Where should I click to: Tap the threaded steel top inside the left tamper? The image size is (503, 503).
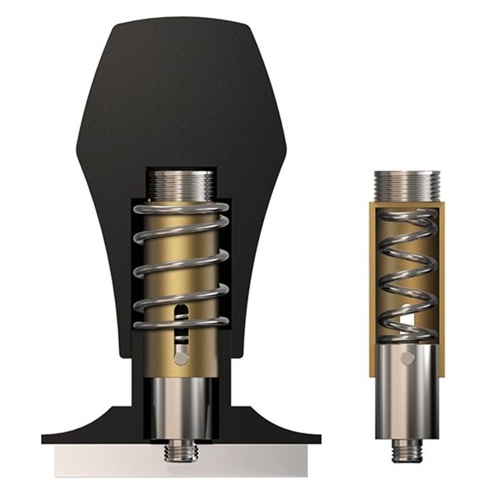click(x=181, y=184)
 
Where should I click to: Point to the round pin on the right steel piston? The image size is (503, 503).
click(x=407, y=359)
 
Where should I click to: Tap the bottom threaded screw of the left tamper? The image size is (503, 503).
click(x=181, y=451)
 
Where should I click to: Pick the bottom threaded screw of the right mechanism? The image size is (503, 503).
click(x=406, y=450)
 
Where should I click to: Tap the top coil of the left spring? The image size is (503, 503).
click(x=181, y=208)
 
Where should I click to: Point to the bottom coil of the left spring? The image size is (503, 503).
click(x=181, y=324)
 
